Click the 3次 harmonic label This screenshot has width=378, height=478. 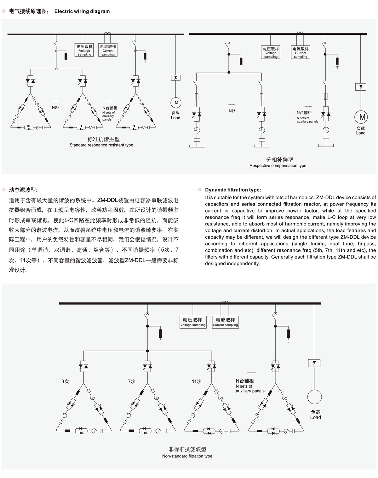(x=65, y=381)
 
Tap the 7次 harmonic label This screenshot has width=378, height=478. (x=132, y=381)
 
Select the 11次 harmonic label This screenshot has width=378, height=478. (x=197, y=381)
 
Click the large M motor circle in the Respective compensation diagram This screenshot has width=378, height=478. (x=361, y=117)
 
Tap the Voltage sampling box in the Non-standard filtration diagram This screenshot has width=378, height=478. (x=193, y=322)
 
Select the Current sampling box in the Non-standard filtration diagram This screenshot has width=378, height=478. (x=226, y=322)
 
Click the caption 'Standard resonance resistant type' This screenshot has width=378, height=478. (x=101, y=145)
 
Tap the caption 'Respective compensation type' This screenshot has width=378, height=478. (x=278, y=165)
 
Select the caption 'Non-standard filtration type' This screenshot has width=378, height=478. (x=187, y=456)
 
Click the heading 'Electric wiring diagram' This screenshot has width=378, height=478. (x=82, y=11)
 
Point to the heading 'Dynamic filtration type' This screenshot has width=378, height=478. (x=232, y=190)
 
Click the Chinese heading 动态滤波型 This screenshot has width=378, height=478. (x=23, y=190)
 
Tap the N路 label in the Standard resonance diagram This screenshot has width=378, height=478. (x=55, y=108)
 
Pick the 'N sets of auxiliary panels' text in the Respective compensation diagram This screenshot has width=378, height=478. (x=307, y=120)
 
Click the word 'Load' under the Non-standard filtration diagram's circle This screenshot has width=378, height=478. (x=316, y=417)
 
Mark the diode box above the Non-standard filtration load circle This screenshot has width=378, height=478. (x=314, y=363)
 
